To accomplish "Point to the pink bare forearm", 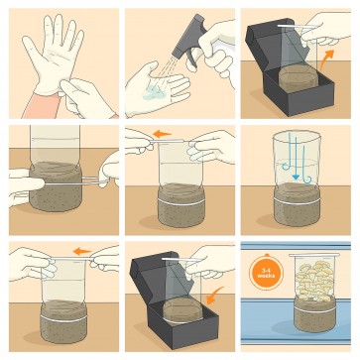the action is (x=41, y=105).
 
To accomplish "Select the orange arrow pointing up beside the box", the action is (x=326, y=59).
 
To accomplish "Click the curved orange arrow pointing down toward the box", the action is (x=215, y=295).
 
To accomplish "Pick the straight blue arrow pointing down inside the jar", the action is (x=297, y=157).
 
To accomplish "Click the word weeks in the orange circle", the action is (x=266, y=276).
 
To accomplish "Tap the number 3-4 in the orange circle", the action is (x=266, y=270).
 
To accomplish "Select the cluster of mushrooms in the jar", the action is (x=314, y=280).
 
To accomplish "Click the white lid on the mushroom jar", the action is (x=314, y=255).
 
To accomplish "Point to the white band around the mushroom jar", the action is (x=314, y=309).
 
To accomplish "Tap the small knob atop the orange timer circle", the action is (x=266, y=255).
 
